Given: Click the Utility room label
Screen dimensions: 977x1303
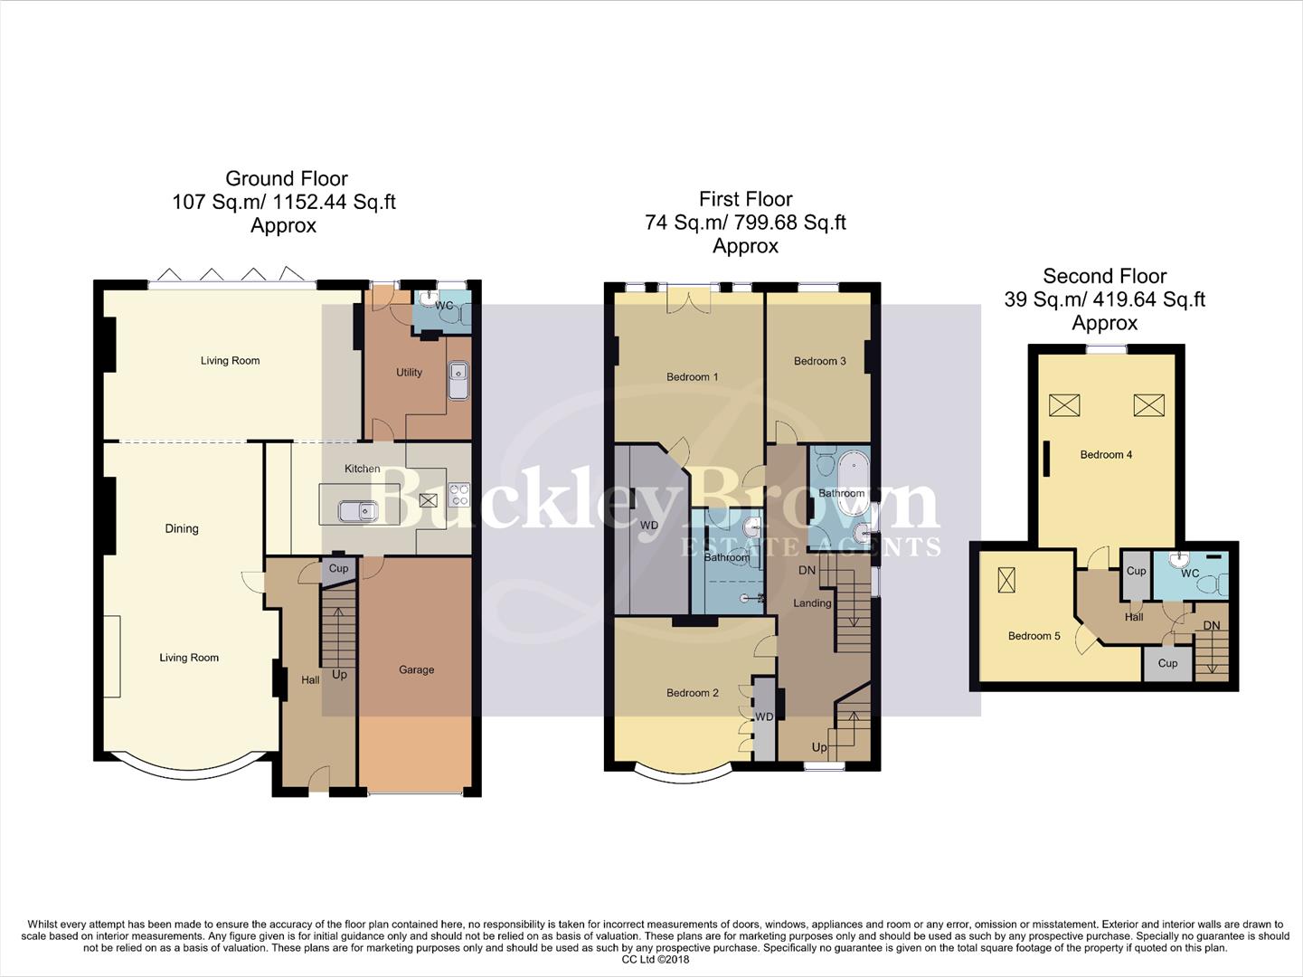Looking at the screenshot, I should tap(409, 372).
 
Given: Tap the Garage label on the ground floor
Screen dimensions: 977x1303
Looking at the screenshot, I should tap(416, 669).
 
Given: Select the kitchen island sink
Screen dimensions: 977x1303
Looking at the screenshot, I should tap(358, 512).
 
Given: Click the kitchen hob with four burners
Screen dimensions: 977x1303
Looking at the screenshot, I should tap(459, 494).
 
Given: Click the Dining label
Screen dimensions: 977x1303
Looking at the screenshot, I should tap(181, 528).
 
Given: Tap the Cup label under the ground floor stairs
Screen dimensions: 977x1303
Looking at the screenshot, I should tap(338, 568).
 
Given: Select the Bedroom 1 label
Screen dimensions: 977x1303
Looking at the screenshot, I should tap(692, 376).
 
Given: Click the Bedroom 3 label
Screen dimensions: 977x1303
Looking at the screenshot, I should tap(819, 361).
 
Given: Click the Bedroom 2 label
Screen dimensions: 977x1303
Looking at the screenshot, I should tap(692, 693).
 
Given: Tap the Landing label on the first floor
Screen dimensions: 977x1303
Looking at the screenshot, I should tap(811, 602).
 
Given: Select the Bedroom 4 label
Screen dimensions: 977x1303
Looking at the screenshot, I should tap(1106, 454).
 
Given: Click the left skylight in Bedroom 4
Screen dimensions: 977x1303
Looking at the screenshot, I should tap(1064, 404).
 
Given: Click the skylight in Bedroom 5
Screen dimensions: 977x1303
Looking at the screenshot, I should tap(1006, 579).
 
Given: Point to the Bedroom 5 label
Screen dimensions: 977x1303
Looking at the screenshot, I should tap(1034, 636).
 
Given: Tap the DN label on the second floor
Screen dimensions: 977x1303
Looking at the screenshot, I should tap(1211, 625).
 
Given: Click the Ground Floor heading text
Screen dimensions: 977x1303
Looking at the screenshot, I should tap(286, 178).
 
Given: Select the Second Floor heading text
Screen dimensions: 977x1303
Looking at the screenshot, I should tap(1104, 276).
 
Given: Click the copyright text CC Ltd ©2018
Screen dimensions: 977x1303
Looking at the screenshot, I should tap(655, 959).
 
